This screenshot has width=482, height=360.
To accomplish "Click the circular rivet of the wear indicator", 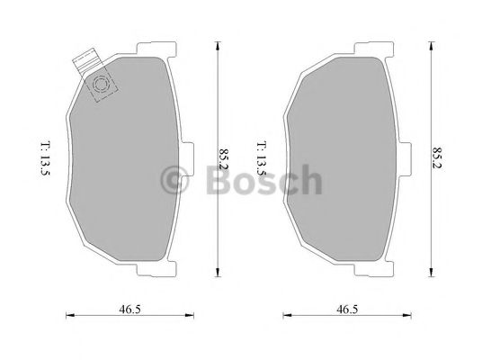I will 102,85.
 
